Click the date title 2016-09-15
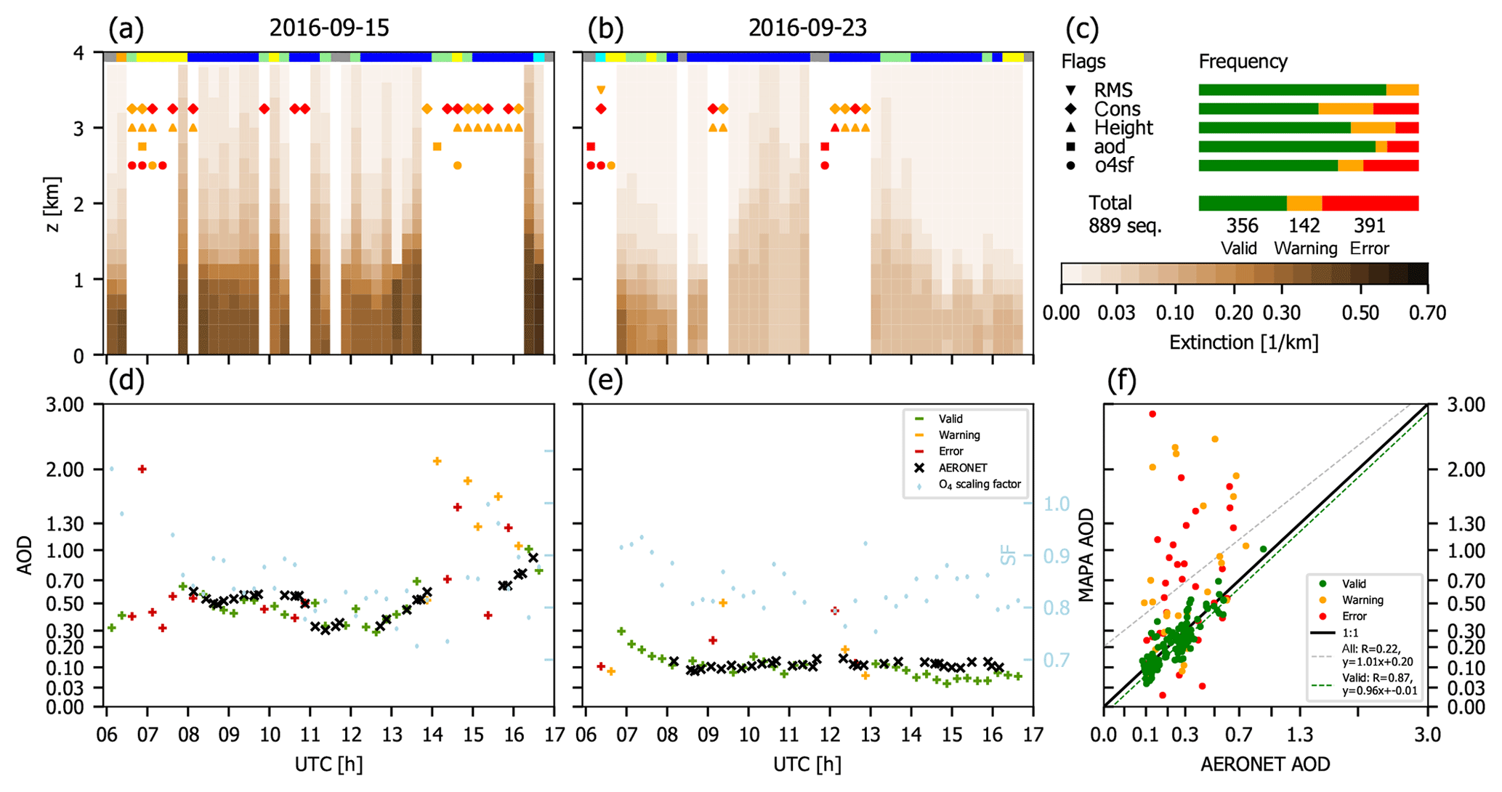329,28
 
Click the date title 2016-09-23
807,28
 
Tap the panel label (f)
1121,381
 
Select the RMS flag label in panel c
1113,90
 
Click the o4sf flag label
1113,166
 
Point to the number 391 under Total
1369,226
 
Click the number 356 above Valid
1242,226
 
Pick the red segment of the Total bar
1370,203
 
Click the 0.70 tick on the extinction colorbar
1427,313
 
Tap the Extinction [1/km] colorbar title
1243,342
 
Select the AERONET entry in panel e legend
962,468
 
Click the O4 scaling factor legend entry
979,485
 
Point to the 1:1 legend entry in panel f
1351,633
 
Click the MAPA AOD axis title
1086,555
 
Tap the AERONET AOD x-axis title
1265,764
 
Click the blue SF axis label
1009,555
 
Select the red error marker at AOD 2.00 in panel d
142,469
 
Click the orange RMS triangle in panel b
601,90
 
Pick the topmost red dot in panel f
1152,414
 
